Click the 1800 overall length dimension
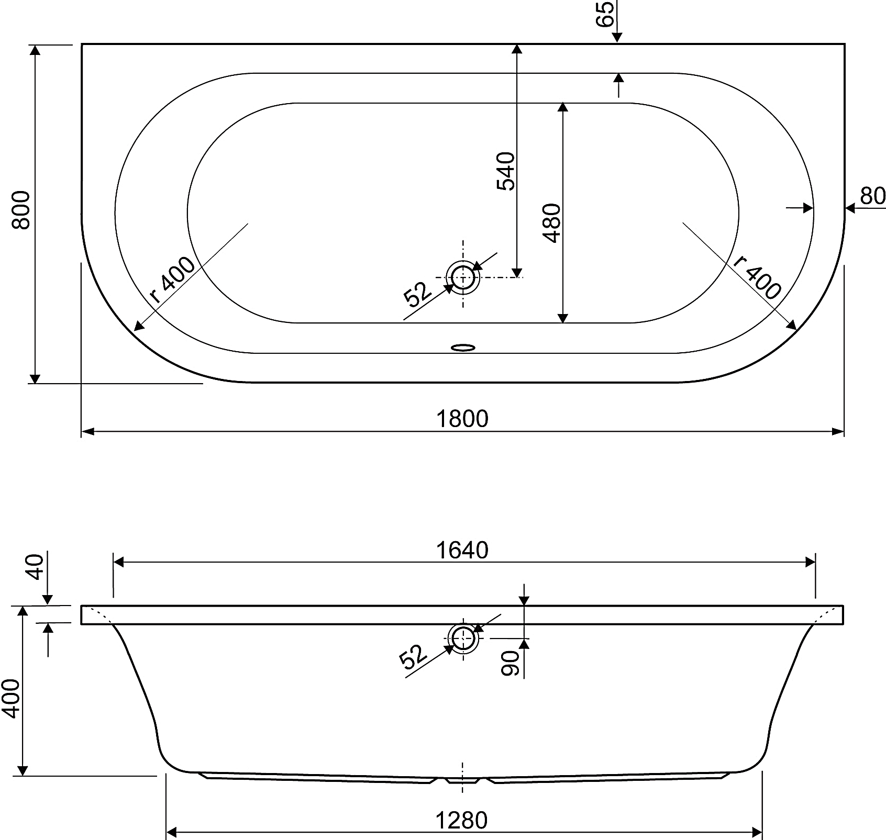[x=462, y=419]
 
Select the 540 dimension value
[x=506, y=171]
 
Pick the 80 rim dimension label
[x=872, y=196]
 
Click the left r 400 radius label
[x=172, y=281]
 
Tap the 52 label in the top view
[x=417, y=294]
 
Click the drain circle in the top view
[x=463, y=277]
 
